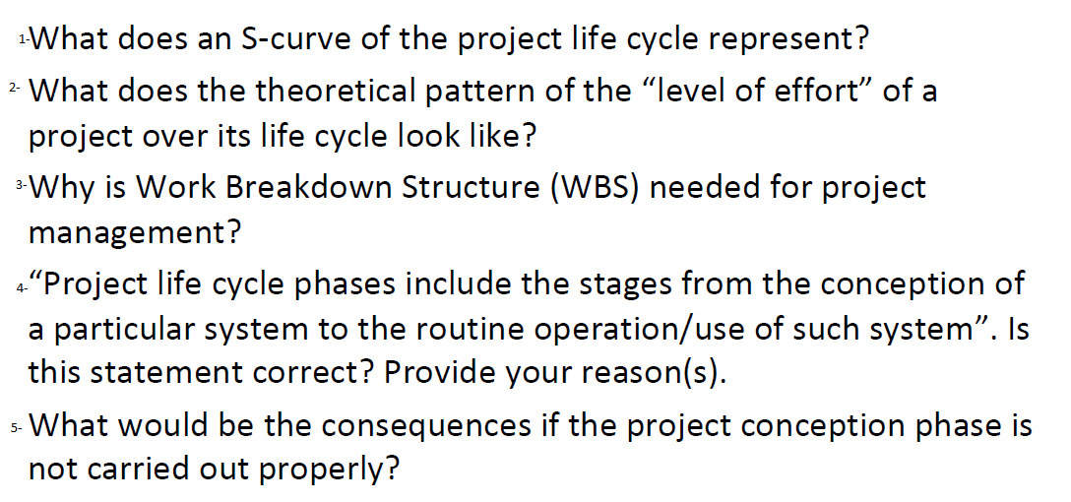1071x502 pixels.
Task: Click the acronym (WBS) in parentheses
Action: [589, 187]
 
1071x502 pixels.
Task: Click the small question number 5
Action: [15, 428]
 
